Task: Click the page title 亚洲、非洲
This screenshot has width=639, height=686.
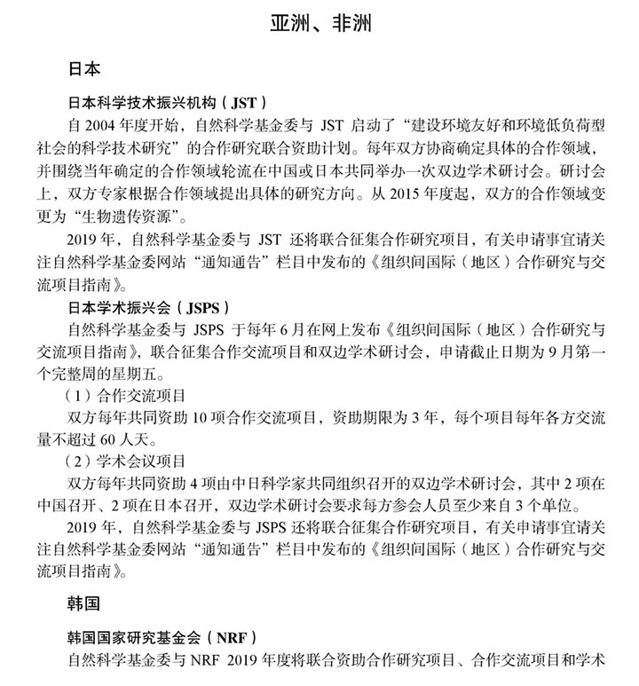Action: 320,24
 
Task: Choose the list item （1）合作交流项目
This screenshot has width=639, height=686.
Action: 124,394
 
